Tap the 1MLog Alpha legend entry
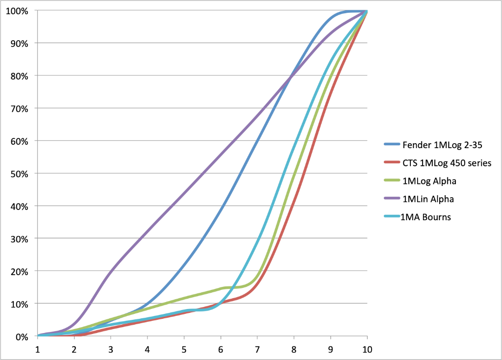(429, 181)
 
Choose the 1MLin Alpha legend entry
(428, 199)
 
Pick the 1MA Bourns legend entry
(426, 217)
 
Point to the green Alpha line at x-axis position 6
(221, 289)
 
